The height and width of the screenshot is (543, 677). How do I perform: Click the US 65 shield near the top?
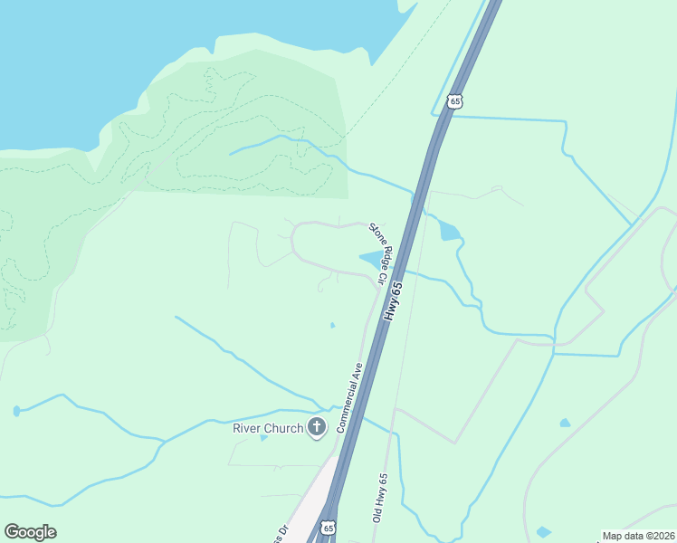tap(454, 100)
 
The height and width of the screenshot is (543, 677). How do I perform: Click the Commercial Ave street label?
tap(350, 396)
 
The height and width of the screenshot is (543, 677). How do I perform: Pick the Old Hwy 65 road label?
tap(381, 497)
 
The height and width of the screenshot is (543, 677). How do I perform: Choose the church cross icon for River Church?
tap(316, 427)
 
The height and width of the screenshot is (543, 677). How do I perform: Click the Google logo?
tap(30, 532)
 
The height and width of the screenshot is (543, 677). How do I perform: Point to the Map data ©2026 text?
tap(639, 536)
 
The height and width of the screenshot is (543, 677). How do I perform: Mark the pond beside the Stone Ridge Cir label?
tap(371, 261)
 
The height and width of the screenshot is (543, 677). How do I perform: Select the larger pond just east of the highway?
tap(450, 231)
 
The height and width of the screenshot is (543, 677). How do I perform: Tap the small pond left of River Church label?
tap(263, 438)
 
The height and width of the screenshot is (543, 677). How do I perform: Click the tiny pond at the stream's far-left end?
tap(17, 411)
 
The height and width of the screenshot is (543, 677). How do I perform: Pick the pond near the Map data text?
tap(543, 532)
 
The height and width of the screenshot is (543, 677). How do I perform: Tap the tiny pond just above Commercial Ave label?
tap(332, 326)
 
